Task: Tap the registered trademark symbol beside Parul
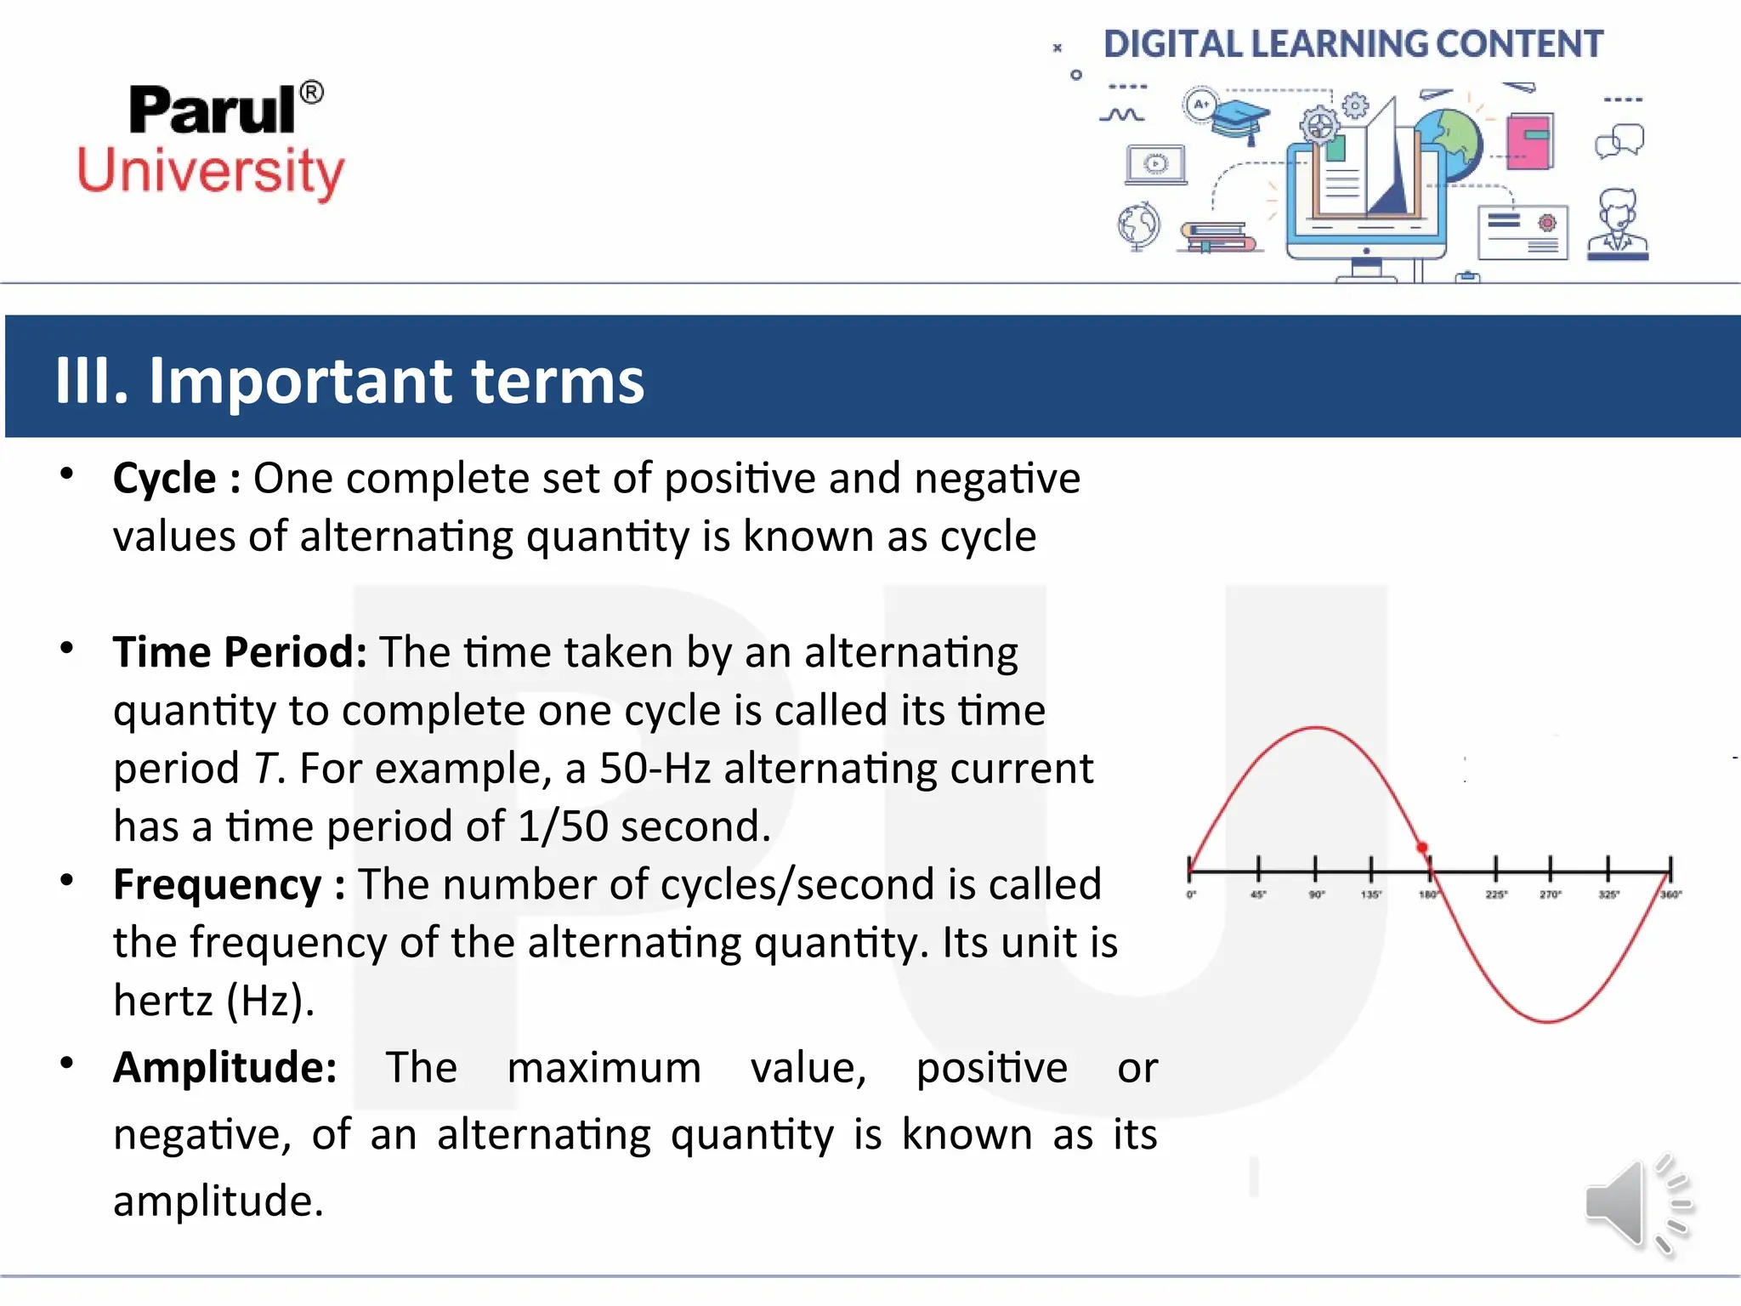(x=312, y=92)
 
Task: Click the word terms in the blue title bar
(x=557, y=380)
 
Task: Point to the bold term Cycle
(x=165, y=478)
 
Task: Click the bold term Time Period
(x=240, y=652)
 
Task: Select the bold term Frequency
(x=218, y=884)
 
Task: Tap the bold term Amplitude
(x=224, y=1067)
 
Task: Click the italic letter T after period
(x=265, y=769)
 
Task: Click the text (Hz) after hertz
(x=269, y=1001)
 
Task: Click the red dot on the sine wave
(x=1422, y=848)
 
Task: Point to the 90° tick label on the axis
(x=1316, y=894)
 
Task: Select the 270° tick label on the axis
(x=1550, y=894)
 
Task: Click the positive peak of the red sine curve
(x=1316, y=728)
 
